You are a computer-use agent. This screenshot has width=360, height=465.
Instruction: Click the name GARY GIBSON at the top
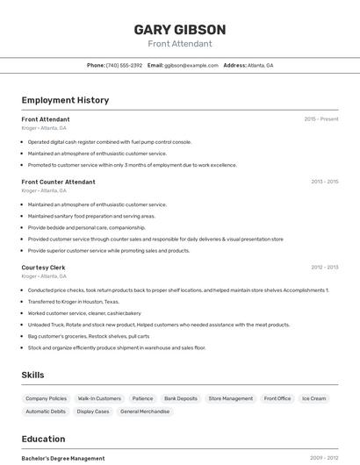click(179, 30)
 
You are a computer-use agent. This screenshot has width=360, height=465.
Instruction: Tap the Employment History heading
click(65, 100)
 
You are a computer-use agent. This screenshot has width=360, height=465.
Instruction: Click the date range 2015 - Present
click(320, 118)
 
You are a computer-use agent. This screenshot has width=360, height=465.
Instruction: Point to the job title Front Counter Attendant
click(58, 182)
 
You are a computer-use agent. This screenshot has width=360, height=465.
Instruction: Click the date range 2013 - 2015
click(324, 182)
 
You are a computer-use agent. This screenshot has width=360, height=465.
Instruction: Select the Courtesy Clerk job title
click(43, 267)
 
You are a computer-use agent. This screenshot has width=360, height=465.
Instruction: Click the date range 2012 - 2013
click(324, 267)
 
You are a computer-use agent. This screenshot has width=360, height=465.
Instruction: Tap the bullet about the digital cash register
click(109, 141)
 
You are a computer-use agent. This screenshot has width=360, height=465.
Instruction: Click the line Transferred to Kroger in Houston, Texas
click(73, 301)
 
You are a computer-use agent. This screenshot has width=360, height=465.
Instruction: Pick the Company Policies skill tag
click(46, 398)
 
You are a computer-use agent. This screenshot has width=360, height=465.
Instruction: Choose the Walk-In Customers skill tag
click(99, 398)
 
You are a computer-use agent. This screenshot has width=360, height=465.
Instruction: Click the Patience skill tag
click(142, 398)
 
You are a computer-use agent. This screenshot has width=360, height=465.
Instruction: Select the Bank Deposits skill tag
click(181, 398)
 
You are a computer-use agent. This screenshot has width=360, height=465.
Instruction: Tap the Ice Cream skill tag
click(313, 398)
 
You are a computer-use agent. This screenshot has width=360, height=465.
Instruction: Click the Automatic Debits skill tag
click(46, 411)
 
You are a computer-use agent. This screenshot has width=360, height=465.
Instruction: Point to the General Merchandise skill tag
click(144, 411)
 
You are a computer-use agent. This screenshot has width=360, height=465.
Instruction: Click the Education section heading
click(43, 439)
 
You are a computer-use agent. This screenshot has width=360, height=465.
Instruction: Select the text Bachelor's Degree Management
click(63, 458)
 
